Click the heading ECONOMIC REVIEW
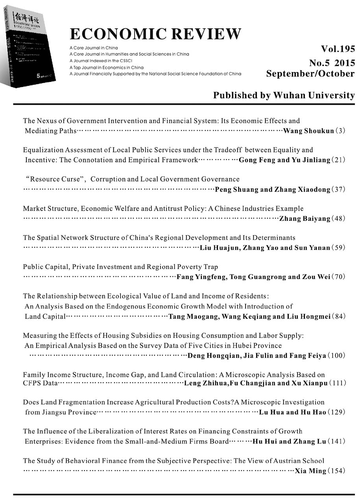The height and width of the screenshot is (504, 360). pyautogui.click(x=155, y=34)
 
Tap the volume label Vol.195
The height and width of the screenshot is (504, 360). pyautogui.click(x=338, y=49)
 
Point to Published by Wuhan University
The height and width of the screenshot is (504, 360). pyautogui.click(x=284, y=95)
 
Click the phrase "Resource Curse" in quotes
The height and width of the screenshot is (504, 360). pyautogui.click(x=54, y=179)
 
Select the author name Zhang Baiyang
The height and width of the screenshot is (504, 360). pyautogui.click(x=305, y=219)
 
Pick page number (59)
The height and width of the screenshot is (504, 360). pyautogui.click(x=338, y=248)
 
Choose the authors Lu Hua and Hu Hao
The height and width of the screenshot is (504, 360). pyautogui.click(x=292, y=412)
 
